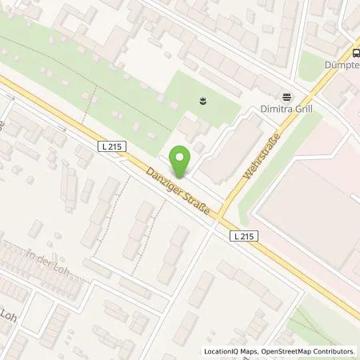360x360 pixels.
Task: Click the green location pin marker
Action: [182, 161]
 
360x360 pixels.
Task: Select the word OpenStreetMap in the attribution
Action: [286, 351]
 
